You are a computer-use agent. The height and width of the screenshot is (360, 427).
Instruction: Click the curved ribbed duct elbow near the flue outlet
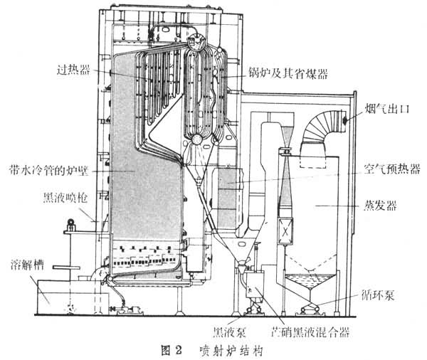tap(317, 135)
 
